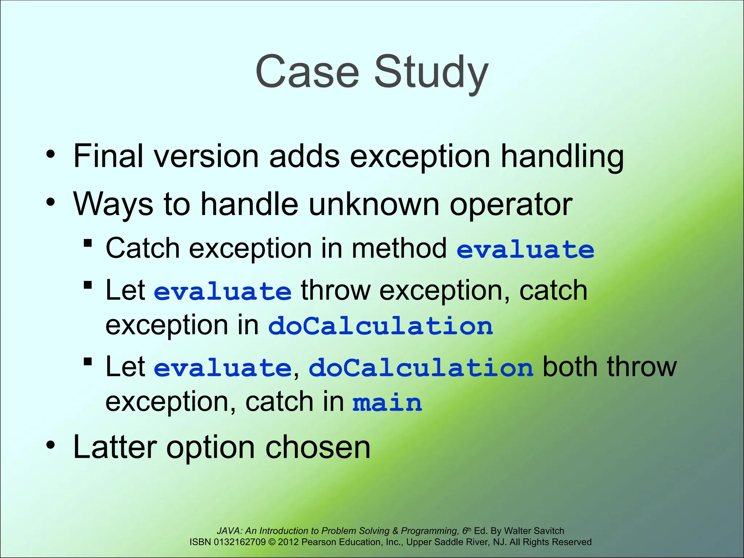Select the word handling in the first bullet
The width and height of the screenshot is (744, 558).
[562, 156]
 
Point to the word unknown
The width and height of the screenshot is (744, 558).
[374, 204]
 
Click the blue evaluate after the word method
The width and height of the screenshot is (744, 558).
[525, 250]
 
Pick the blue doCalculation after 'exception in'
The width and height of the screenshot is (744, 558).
[380, 326]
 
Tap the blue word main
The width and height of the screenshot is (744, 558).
[387, 403]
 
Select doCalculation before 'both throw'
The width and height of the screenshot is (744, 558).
[421, 368]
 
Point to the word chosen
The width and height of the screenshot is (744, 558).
[318, 448]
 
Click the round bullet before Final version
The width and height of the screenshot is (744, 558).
[51, 154]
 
